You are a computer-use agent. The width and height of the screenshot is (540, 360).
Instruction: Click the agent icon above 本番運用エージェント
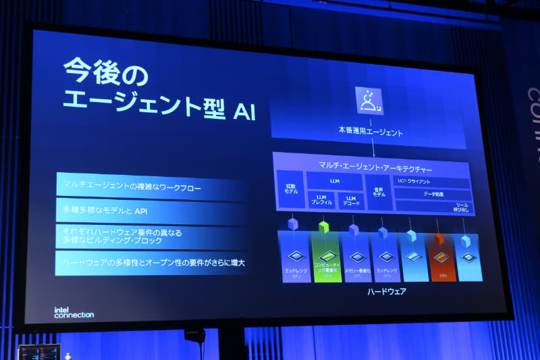click(x=369, y=101)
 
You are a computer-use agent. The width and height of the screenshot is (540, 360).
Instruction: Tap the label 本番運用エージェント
click(x=371, y=133)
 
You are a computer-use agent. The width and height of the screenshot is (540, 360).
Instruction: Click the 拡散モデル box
click(x=291, y=188)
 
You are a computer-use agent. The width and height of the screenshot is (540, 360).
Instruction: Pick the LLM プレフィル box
click(x=321, y=200)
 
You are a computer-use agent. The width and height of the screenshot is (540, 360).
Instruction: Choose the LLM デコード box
click(x=351, y=201)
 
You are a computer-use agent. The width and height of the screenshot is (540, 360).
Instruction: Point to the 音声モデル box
click(x=379, y=191)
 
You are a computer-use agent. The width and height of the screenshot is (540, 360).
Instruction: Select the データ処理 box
click(x=433, y=193)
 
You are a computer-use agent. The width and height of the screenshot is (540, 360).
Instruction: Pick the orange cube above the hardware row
click(x=439, y=238)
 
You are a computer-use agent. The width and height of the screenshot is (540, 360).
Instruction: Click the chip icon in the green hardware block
click(x=327, y=256)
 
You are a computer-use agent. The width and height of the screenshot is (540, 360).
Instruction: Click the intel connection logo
click(x=74, y=312)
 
